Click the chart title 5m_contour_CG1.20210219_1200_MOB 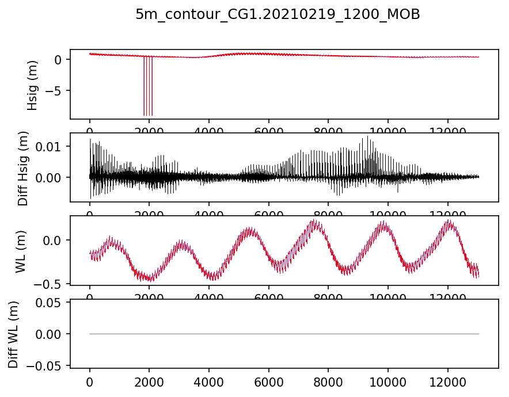tap(278, 16)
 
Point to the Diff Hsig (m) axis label tap(24, 167)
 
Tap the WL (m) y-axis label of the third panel tap(21, 250)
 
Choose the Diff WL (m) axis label tap(13, 334)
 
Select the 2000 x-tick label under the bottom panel tap(149, 381)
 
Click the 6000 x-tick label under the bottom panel tap(269, 381)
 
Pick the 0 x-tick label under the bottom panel tap(90, 381)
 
